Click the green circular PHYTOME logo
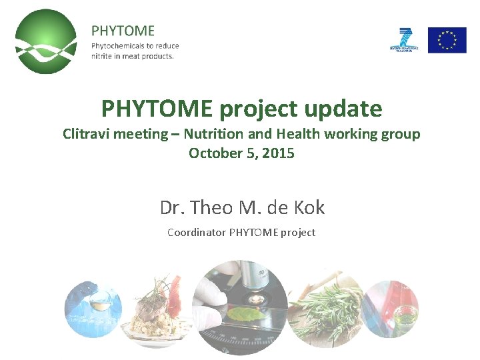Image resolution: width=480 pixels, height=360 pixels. [46, 41]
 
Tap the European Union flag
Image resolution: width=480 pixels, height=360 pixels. [447, 40]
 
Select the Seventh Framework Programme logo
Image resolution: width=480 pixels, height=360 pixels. [404, 40]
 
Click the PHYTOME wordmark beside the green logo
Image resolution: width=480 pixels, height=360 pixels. [123, 31]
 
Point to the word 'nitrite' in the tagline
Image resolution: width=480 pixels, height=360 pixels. [104, 56]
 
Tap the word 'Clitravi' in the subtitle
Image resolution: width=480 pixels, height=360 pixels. [87, 134]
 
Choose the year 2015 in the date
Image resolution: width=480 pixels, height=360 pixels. [279, 153]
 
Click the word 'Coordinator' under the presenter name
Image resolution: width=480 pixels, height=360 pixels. [197, 233]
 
